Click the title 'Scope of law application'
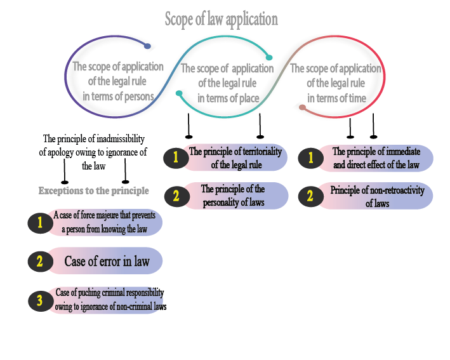click(x=221, y=19)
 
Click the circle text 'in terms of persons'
click(x=118, y=97)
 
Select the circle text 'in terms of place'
click(x=227, y=98)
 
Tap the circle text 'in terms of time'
click(x=336, y=98)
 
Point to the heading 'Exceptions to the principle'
click(x=94, y=190)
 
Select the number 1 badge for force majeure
click(x=39, y=223)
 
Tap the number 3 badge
click(x=39, y=300)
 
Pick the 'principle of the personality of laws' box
click(x=233, y=196)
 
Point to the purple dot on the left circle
click(x=147, y=46)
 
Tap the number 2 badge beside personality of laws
click(x=176, y=196)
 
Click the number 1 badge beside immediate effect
click(x=310, y=158)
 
